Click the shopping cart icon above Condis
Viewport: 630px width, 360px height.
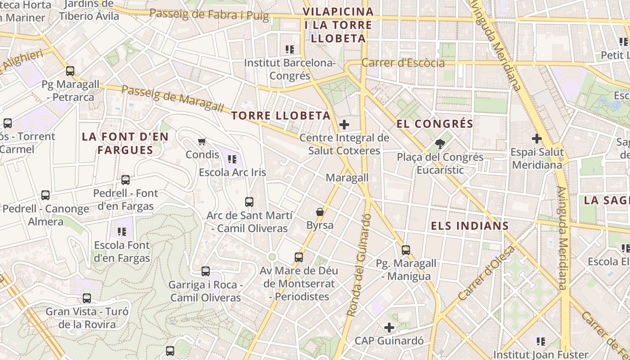[202, 141]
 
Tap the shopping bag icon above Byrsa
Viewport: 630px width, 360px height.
[320, 211]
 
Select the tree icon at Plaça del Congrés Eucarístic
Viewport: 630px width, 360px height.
[440, 144]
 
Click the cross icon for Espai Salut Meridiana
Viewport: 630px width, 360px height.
[536, 139]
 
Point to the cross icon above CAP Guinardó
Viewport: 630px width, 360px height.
[389, 328]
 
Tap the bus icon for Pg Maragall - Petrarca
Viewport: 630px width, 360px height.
[70, 71]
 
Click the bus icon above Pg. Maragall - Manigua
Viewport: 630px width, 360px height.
[406, 250]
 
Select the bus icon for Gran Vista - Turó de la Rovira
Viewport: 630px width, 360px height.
[87, 298]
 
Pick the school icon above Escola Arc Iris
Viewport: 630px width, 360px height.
[232, 159]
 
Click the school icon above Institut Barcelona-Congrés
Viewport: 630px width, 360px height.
[290, 49]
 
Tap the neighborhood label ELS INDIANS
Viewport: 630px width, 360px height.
[470, 226]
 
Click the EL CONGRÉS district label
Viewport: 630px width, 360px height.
[435, 124]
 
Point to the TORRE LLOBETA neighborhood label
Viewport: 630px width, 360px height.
[281, 116]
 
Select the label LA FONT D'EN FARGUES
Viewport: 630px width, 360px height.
[125, 143]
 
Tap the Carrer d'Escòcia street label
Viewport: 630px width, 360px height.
[403, 63]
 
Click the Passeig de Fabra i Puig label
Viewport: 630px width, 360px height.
[209, 15]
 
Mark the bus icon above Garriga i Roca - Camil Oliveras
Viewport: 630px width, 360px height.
[206, 271]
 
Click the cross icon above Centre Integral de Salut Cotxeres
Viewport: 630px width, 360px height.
[344, 124]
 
